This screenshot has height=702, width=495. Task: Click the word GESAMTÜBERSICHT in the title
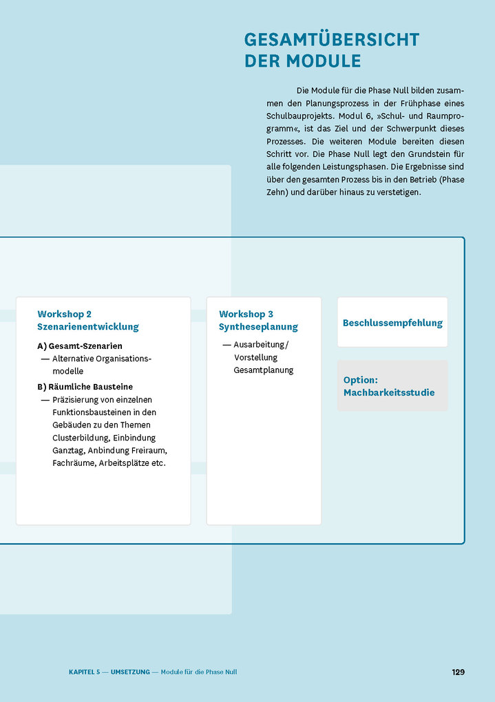pyautogui.click(x=331, y=40)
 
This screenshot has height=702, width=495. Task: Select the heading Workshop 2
pyautogui.click(x=65, y=315)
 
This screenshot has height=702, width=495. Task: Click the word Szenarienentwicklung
pyautogui.click(x=88, y=327)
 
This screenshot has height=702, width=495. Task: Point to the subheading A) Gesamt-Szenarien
pyautogui.click(x=80, y=346)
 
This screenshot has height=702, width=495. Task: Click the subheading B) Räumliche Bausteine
pyautogui.click(x=85, y=387)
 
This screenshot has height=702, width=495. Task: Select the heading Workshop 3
pyautogui.click(x=246, y=315)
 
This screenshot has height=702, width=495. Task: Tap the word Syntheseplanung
pyautogui.click(x=258, y=327)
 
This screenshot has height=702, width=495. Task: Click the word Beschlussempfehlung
pyautogui.click(x=392, y=323)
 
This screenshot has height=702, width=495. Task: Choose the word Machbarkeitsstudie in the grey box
pyautogui.click(x=389, y=393)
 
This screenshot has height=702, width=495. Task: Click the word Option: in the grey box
pyautogui.click(x=361, y=380)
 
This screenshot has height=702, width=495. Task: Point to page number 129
pyautogui.click(x=458, y=672)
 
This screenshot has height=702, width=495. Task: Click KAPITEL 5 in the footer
pyautogui.click(x=85, y=672)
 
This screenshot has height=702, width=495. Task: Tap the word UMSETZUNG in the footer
pyautogui.click(x=130, y=672)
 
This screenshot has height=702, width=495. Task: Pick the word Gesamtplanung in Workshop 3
pyautogui.click(x=264, y=370)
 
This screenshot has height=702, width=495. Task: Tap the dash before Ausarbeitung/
pyautogui.click(x=226, y=345)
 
